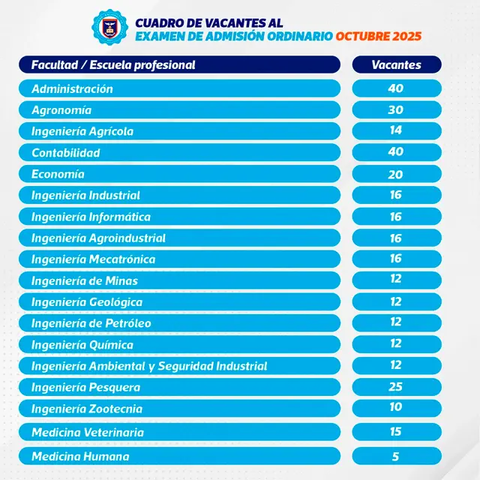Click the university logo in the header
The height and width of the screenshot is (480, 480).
click(110, 25)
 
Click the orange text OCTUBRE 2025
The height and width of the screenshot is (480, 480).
click(379, 35)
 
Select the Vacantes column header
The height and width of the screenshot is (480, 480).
click(397, 64)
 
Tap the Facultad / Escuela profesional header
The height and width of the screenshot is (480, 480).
click(113, 64)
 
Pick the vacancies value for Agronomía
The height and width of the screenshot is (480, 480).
click(397, 109)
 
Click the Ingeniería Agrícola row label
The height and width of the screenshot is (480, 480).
click(82, 131)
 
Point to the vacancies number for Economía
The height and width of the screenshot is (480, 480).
click(397, 174)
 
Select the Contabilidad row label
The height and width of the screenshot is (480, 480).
click(66, 153)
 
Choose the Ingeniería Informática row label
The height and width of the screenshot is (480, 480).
click(91, 217)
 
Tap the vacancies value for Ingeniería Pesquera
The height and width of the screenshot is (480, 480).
click(397, 387)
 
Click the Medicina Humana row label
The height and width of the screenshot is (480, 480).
click(80, 456)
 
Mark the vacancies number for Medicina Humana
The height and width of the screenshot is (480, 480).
click(397, 456)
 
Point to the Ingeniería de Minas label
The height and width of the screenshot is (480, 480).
click(85, 281)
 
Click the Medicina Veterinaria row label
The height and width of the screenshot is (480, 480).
click(88, 433)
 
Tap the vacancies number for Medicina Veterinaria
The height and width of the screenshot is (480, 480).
click(397, 432)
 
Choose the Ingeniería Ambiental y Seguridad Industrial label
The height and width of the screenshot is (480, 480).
click(149, 366)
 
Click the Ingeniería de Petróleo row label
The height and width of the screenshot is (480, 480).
click(91, 323)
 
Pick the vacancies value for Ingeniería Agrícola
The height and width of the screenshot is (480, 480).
click(397, 130)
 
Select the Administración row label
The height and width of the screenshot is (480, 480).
click(72, 88)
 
